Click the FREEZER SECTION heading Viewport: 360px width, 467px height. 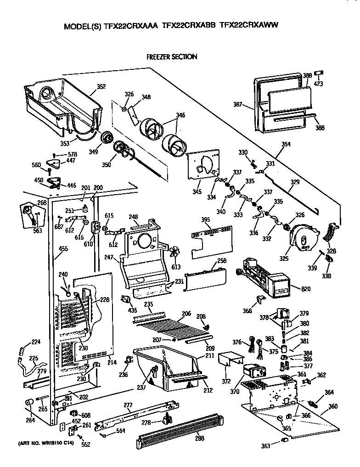point(171,57)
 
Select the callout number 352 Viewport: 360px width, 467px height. point(101,86)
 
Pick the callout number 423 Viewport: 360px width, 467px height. point(318,84)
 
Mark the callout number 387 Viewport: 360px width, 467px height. point(237,105)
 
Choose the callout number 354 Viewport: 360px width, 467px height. point(286,144)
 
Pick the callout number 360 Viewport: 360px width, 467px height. point(333,406)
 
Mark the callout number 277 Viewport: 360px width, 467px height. point(128,405)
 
